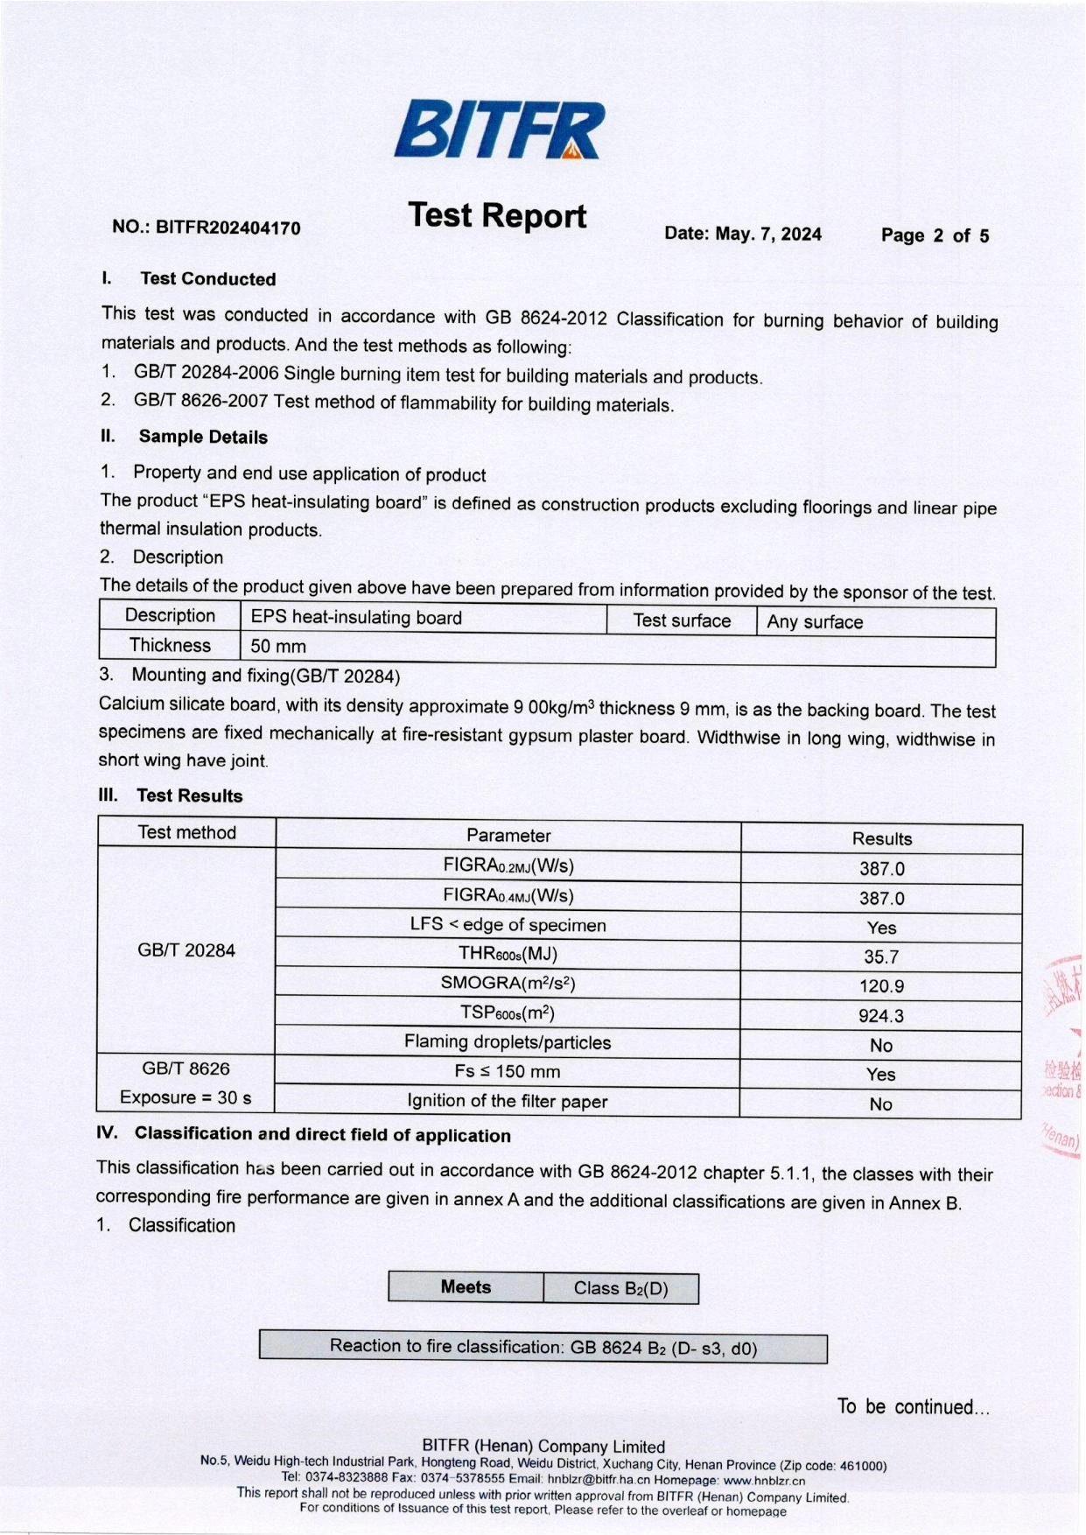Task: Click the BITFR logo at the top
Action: coord(499,130)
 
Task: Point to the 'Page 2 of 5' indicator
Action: coord(935,235)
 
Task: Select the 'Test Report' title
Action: coord(497,215)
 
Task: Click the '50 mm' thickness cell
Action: coord(278,647)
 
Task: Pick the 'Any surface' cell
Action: coord(815,622)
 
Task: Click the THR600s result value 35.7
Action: coord(881,957)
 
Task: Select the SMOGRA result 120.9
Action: coord(881,986)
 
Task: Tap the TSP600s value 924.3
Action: coord(881,1016)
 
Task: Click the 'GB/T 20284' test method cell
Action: coord(186,950)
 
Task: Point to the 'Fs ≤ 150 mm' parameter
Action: coord(508,1072)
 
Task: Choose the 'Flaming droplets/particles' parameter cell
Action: coord(508,1042)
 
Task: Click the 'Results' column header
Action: coord(882,838)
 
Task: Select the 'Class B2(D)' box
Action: coord(620,1289)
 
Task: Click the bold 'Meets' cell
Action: coord(466,1287)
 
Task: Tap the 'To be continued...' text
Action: coord(913,1407)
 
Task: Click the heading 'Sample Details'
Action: coord(203,437)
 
